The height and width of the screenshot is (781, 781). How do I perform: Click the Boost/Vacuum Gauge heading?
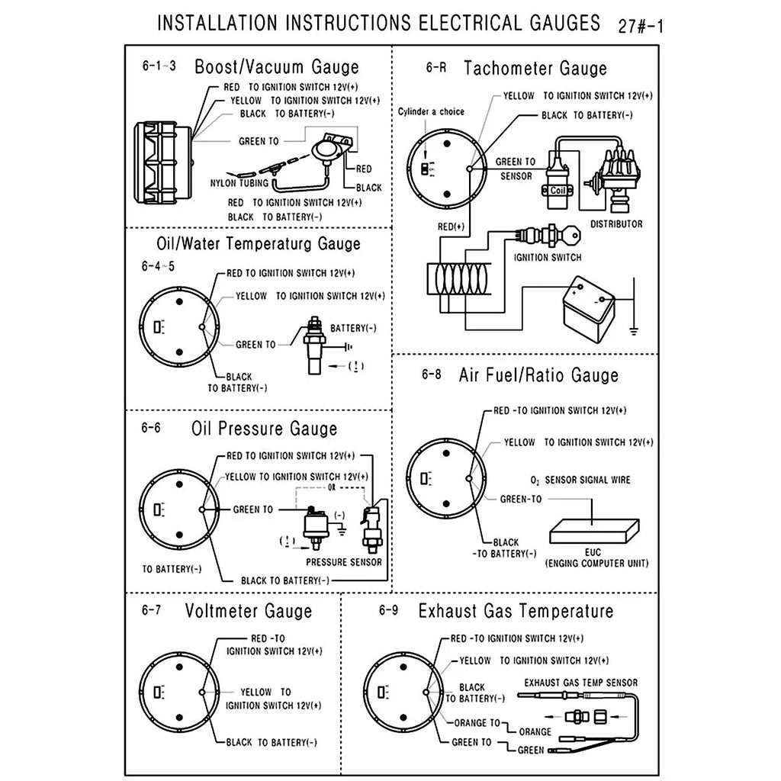tap(276, 67)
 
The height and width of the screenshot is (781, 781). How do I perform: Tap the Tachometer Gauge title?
tap(535, 69)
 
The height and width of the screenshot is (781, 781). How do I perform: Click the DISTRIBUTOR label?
tap(616, 224)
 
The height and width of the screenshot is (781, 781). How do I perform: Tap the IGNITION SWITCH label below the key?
tap(548, 258)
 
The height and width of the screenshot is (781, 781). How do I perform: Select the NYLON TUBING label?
tap(239, 183)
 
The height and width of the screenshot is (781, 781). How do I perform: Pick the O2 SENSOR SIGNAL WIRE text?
tap(580, 480)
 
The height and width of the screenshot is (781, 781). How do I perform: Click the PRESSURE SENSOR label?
tap(343, 562)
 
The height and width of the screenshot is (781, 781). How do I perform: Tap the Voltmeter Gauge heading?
tap(249, 611)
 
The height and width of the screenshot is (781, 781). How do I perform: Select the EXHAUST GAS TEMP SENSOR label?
tap(580, 683)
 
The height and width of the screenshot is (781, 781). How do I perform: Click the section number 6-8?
tap(431, 374)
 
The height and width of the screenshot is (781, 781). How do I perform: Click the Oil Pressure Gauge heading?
tap(264, 429)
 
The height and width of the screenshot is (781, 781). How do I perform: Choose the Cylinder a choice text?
tap(431, 112)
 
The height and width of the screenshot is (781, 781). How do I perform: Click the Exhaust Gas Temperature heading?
tap(516, 611)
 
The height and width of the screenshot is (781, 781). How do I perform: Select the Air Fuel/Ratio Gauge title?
tap(538, 375)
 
